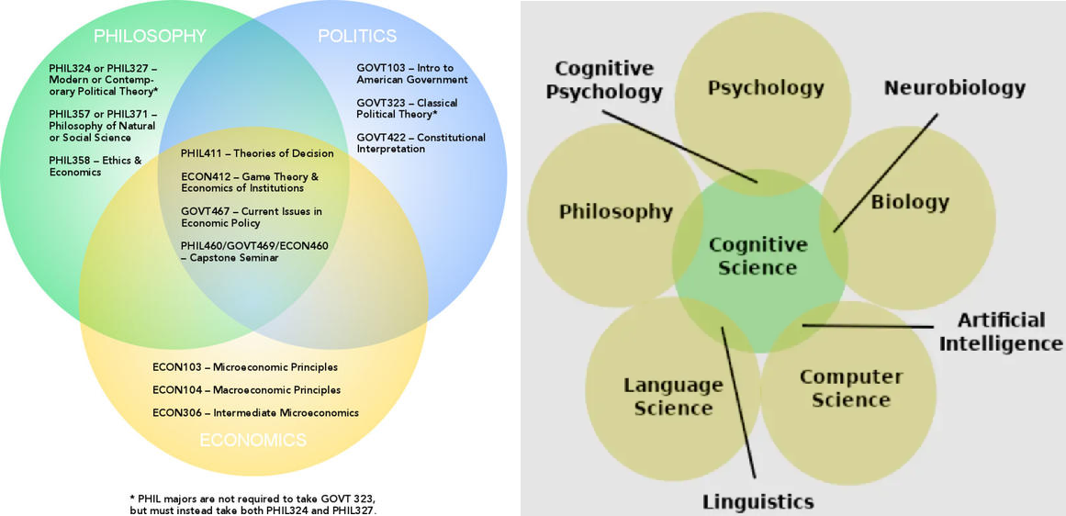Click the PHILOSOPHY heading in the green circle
click(x=150, y=37)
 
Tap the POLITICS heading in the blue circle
click(x=357, y=37)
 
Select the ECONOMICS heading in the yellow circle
click(x=253, y=441)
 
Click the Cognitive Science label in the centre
click(x=757, y=256)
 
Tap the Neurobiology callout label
click(x=954, y=88)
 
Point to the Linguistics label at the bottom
click(x=757, y=501)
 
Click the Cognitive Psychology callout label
click(x=609, y=80)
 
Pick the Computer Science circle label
click(x=850, y=387)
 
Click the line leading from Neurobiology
click(x=886, y=172)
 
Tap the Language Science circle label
click(x=673, y=396)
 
